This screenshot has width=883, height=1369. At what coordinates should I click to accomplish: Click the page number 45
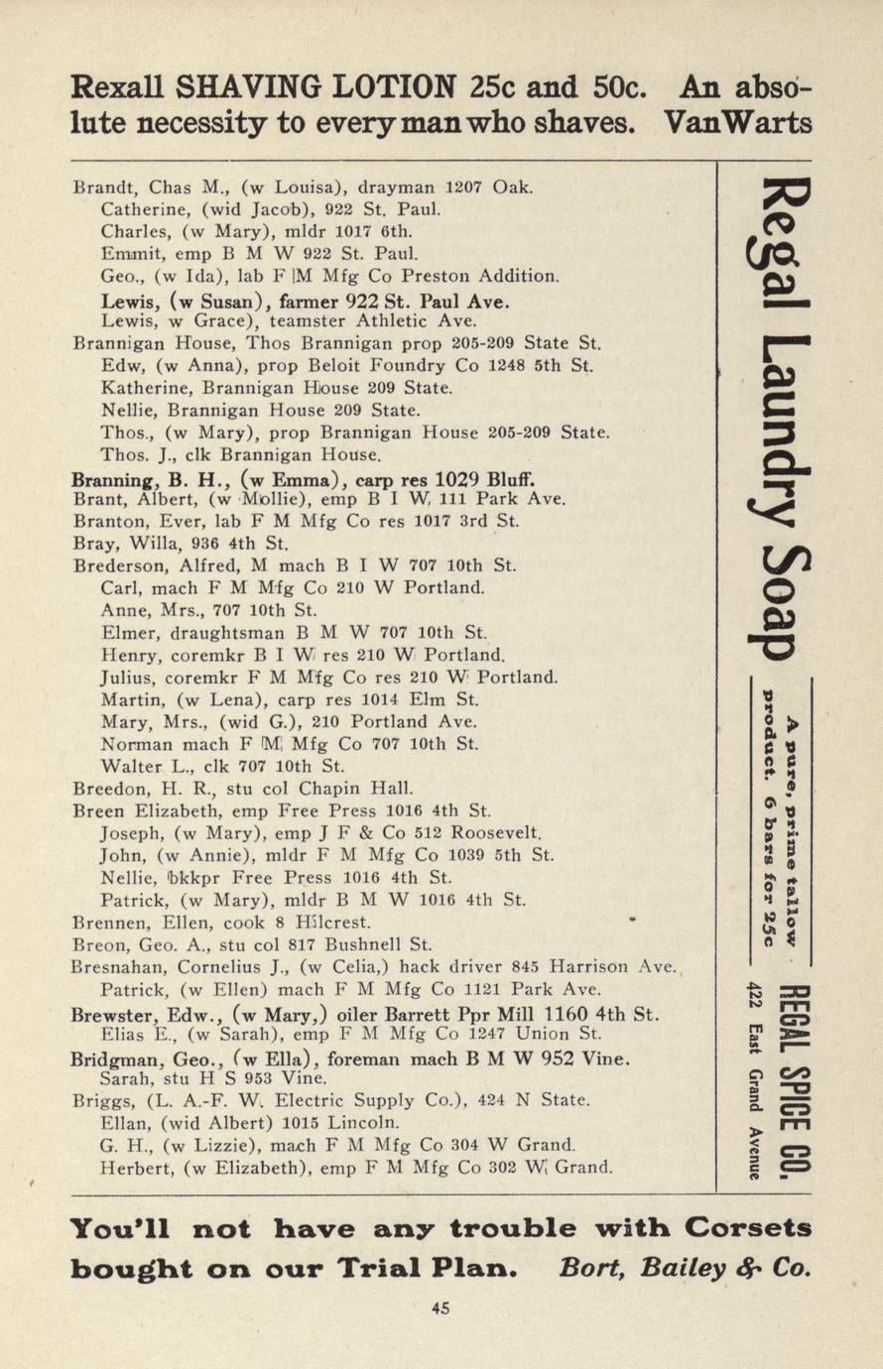441,1307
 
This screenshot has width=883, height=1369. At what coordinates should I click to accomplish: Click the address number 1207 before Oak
462,187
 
